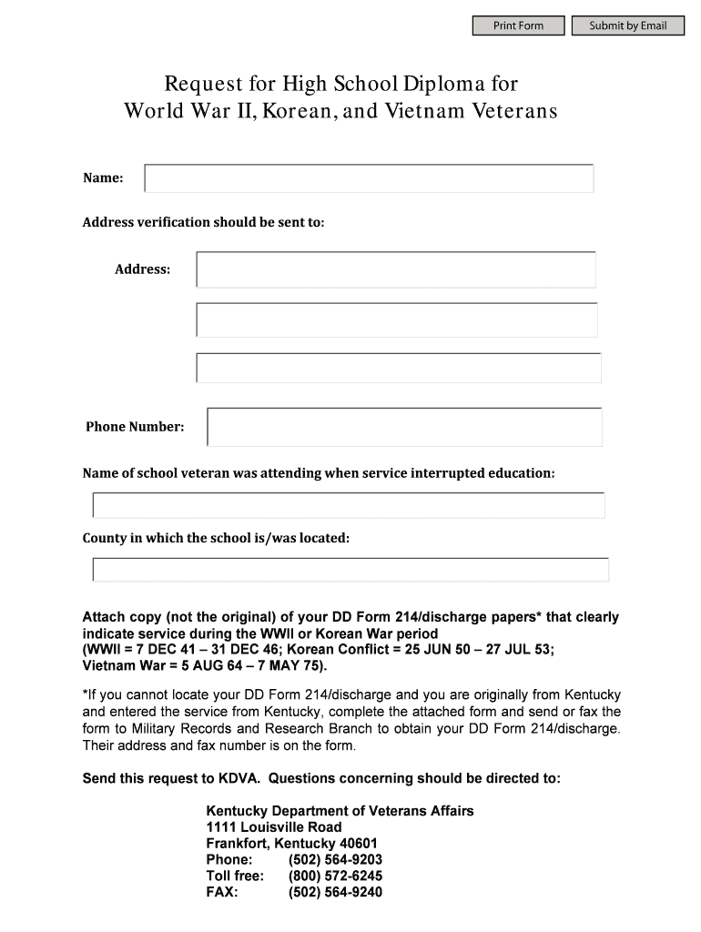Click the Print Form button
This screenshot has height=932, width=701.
[518, 25]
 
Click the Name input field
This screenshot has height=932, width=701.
[369, 178]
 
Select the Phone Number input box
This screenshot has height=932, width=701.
[404, 427]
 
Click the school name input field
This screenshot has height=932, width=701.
[349, 505]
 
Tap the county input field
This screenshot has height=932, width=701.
[350, 570]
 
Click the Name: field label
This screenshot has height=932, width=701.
[103, 178]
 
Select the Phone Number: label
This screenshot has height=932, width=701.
[135, 427]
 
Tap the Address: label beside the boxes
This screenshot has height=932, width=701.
[142, 269]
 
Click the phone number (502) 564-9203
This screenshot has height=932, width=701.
[335, 860]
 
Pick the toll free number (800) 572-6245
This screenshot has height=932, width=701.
[335, 876]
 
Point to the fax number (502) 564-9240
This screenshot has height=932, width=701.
[335, 893]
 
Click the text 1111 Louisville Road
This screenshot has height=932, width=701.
[274, 827]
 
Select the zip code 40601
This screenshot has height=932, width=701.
[359, 844]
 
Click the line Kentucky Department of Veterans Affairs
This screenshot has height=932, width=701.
[340, 811]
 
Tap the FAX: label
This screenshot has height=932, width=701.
[222, 893]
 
